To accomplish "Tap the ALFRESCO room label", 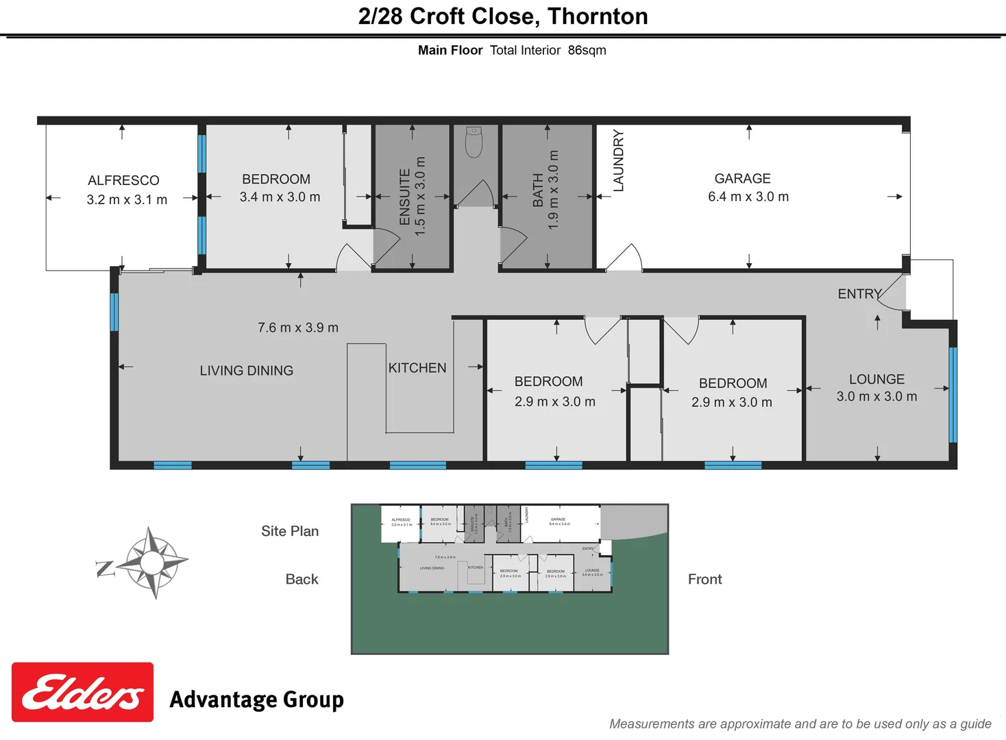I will tap(123, 180).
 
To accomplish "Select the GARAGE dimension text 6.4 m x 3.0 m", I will tap(748, 197).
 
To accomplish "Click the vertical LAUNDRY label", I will tap(618, 160).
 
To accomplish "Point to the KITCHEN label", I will tap(417, 368).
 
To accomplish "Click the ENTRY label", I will tap(859, 294).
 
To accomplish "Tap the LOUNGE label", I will tap(876, 379).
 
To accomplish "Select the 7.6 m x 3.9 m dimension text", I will tap(298, 328).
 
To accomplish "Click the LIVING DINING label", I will tap(247, 371).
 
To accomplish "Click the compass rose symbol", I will tap(151, 563).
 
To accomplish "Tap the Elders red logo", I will tap(82, 692).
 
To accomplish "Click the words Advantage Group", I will tap(256, 700).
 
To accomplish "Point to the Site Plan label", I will tap(290, 531).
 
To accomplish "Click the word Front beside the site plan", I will tap(704, 579).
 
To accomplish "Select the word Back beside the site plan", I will tap(302, 579).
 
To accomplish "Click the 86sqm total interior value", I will tap(587, 50).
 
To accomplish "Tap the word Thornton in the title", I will tap(598, 16).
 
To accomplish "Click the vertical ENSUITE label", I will tap(404, 197).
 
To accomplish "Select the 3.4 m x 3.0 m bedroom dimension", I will tap(280, 197).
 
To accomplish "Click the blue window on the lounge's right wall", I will tap(953, 394).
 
